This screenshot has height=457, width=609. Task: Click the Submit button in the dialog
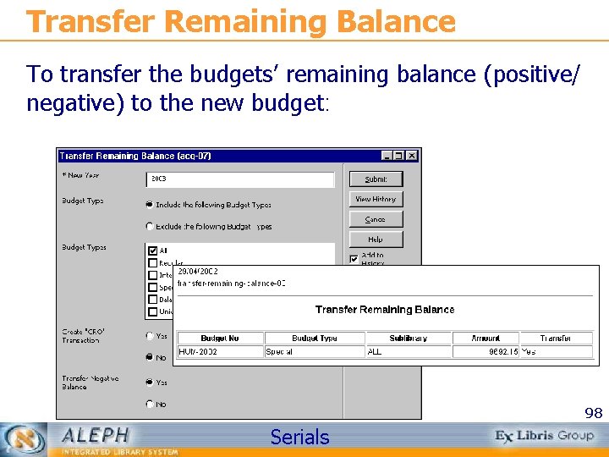click(x=376, y=179)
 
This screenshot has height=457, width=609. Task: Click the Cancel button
click(x=376, y=219)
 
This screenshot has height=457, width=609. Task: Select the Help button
click(x=376, y=240)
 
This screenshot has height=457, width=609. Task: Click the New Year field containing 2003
click(x=240, y=179)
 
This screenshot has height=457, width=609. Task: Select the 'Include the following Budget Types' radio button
click(x=150, y=205)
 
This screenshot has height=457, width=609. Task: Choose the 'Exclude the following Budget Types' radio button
click(x=150, y=227)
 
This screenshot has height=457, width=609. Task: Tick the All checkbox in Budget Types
click(x=152, y=251)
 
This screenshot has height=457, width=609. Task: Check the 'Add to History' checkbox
click(x=354, y=258)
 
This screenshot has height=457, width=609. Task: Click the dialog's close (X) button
click(x=412, y=156)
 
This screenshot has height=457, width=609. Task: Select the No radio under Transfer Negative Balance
click(x=150, y=405)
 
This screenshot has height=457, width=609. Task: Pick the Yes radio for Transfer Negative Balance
click(x=150, y=383)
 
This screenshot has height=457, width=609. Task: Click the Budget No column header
click(x=220, y=338)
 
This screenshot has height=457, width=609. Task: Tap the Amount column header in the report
click(x=486, y=338)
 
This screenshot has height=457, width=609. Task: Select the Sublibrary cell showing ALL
click(x=376, y=351)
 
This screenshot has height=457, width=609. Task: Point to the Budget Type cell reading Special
click(x=279, y=351)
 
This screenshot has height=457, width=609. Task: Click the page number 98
click(x=594, y=414)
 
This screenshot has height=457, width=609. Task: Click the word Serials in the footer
click(x=299, y=438)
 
